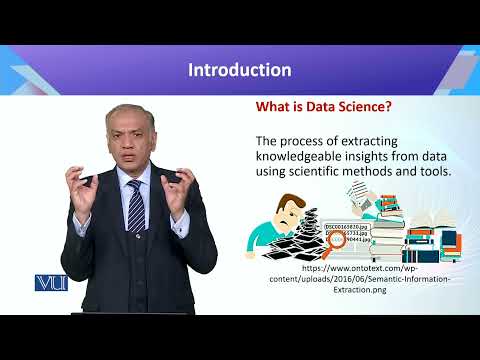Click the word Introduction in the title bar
(240, 70)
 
